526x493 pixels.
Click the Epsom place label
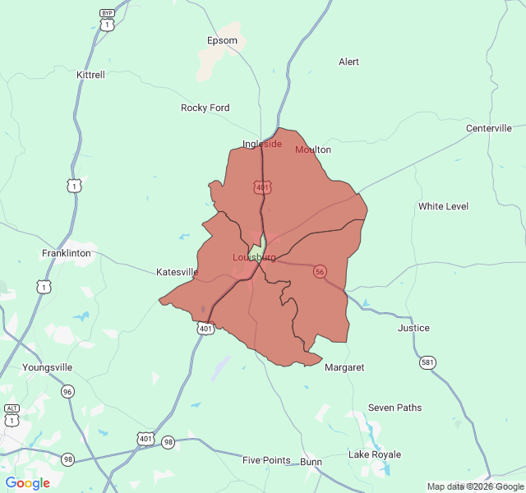[x=222, y=40]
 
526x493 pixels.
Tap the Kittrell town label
[x=90, y=75]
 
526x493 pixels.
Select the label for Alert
[x=348, y=62]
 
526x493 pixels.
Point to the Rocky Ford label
[x=205, y=108]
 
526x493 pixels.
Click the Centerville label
[x=488, y=128]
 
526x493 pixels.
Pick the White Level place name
[x=443, y=206]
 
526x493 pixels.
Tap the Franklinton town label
[x=66, y=253]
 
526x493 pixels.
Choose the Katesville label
[x=178, y=272]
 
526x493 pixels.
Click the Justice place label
[x=413, y=328]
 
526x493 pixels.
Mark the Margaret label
[x=344, y=367]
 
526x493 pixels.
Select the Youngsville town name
[x=48, y=367]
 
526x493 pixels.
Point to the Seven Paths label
[x=394, y=408]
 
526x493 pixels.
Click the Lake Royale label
[x=375, y=454]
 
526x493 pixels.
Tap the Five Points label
[x=266, y=460]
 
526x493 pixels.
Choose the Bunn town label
[x=311, y=462]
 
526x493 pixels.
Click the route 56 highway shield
[x=320, y=271]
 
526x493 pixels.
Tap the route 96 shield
[x=67, y=392]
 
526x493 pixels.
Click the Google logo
[x=28, y=483]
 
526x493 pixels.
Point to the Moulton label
[x=313, y=150]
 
